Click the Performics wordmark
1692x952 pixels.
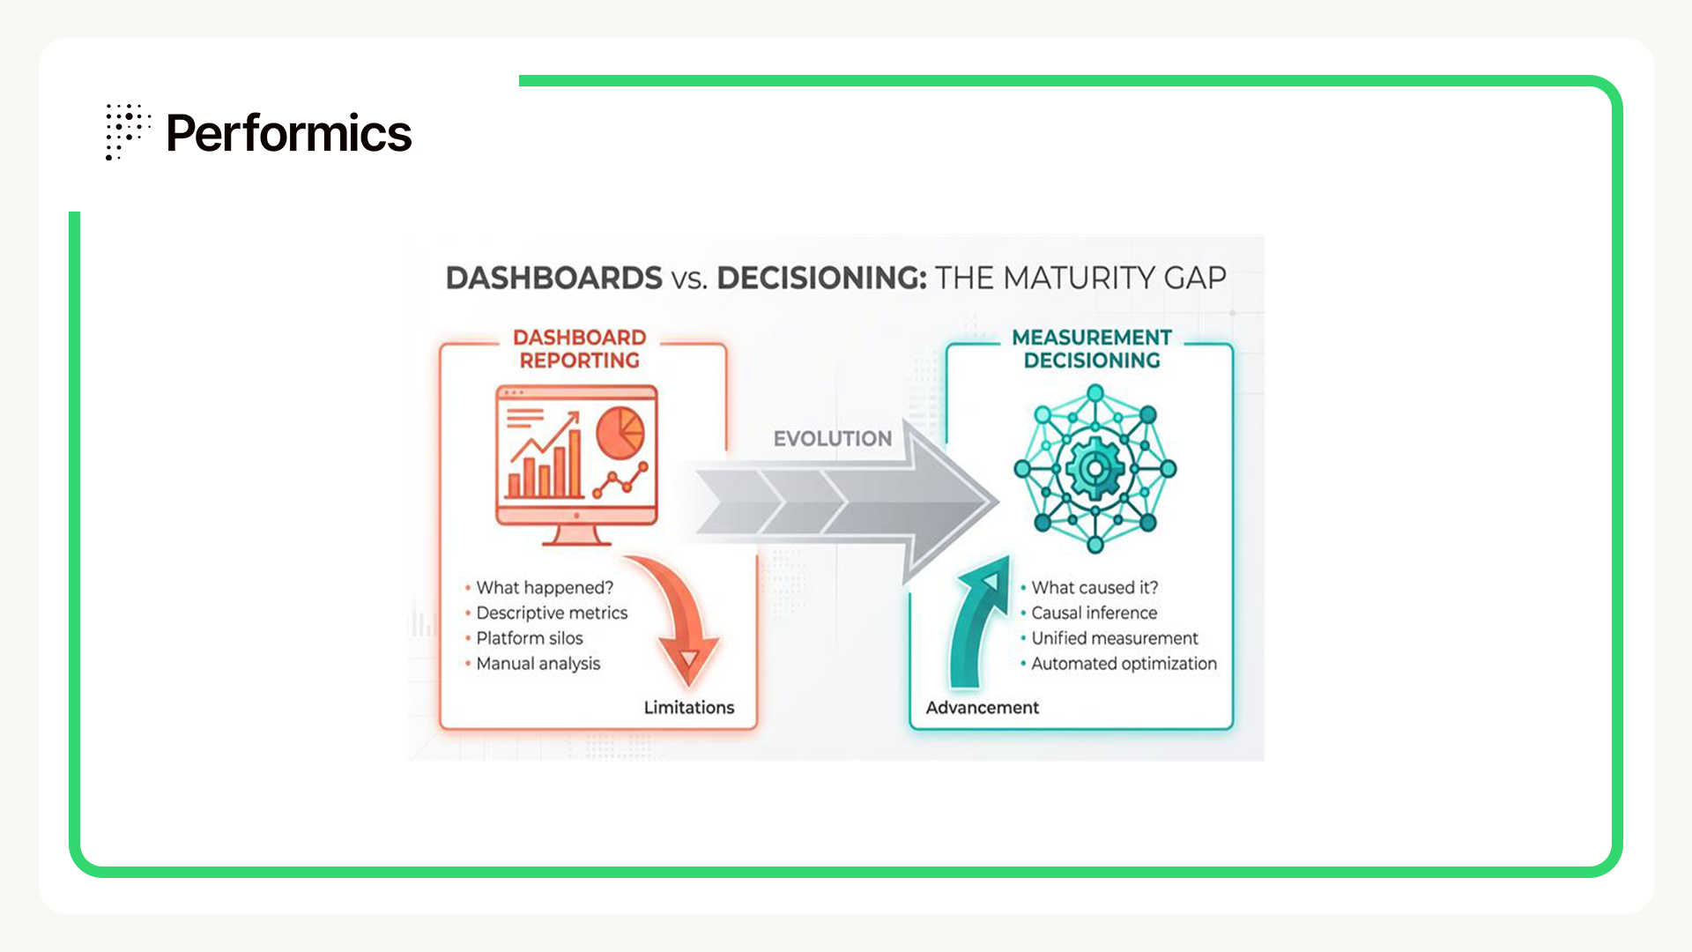coord(288,133)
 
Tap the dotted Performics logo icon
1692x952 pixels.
coord(126,131)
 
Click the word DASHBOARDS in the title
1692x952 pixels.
coord(553,279)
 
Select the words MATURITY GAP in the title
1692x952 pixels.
coord(1114,279)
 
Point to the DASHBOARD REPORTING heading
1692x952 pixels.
coord(579,349)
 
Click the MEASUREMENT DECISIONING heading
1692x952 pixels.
coord(1092,349)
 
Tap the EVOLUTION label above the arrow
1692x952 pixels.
coord(832,438)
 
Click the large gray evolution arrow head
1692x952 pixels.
coord(947,503)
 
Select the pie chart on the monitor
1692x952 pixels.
coord(620,432)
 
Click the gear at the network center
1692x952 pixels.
coord(1095,468)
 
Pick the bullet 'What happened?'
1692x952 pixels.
coord(544,588)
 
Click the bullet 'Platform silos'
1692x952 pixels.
coord(529,638)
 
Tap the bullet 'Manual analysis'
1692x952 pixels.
coord(538,664)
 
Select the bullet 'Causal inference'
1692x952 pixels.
coord(1094,614)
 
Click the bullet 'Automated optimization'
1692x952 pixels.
coord(1124,664)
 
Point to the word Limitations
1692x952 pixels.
coord(688,708)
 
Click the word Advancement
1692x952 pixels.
coord(982,708)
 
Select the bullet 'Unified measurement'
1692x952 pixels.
coord(1114,638)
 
